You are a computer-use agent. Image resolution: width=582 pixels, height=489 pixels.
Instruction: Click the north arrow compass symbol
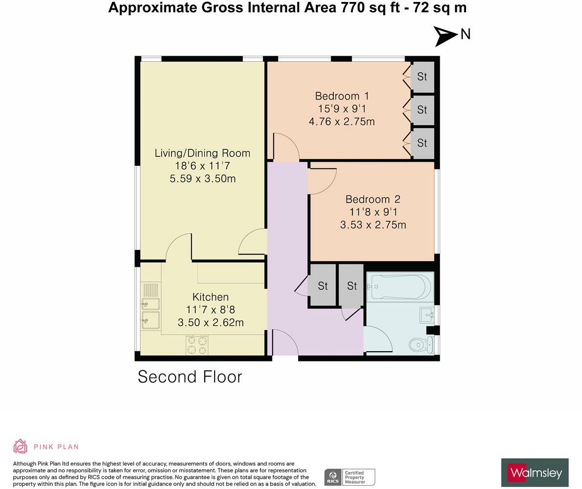pos(446,35)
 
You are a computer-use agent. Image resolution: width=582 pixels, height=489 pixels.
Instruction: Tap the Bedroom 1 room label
pos(342,96)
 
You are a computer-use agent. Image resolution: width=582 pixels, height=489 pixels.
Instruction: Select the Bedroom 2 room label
pos(372,199)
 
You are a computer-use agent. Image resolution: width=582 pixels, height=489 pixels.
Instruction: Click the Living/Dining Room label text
pos(202,153)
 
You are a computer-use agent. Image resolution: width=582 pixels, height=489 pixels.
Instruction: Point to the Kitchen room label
pos(210,297)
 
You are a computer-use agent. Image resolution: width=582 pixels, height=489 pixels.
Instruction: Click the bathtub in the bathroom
pos(401,286)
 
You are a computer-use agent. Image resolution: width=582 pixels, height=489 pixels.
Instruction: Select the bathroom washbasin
pos(427,315)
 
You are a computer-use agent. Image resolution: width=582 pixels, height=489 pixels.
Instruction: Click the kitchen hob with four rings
pos(197,345)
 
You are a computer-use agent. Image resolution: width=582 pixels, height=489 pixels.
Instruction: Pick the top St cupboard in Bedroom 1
pos(422,77)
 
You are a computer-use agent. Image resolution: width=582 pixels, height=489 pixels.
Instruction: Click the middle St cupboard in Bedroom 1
pos(422,110)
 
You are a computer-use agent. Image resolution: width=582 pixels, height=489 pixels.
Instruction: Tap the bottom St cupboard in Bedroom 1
pos(422,143)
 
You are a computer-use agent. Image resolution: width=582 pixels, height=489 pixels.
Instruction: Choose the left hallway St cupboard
pos(323,286)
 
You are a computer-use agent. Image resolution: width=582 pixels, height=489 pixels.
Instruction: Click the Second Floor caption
pos(190,377)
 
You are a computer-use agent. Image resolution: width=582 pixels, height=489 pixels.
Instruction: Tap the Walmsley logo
pos(535,472)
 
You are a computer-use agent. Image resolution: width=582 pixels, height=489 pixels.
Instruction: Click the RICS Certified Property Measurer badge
pos(349,477)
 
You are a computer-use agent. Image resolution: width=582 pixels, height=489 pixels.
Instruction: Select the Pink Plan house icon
pos(20,446)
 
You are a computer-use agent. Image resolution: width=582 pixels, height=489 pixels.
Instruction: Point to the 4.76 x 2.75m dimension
pos(342,121)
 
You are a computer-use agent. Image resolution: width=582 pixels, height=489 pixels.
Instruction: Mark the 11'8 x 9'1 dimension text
pos(373,212)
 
